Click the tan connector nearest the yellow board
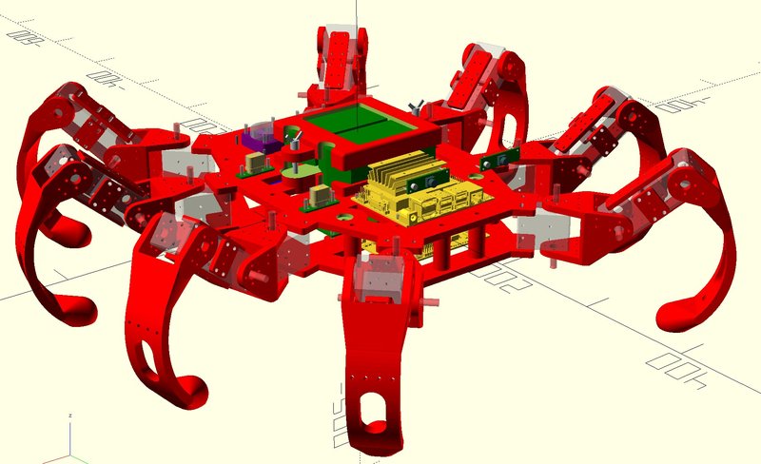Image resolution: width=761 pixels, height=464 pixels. [x=321, y=195]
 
